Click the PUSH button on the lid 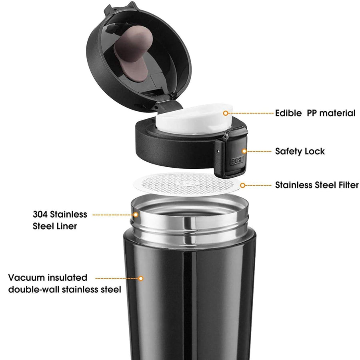tap(236, 161)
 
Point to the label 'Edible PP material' tap(315, 113)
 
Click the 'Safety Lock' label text tap(300, 151)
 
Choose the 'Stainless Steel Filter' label tap(317, 185)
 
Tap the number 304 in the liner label tap(41, 214)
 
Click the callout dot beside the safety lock tap(244, 151)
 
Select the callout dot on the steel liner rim tap(136, 215)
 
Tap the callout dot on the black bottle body tap(140, 278)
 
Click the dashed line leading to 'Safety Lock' tap(259, 151)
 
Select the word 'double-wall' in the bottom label tap(34, 289)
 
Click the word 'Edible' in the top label tap(288, 113)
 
